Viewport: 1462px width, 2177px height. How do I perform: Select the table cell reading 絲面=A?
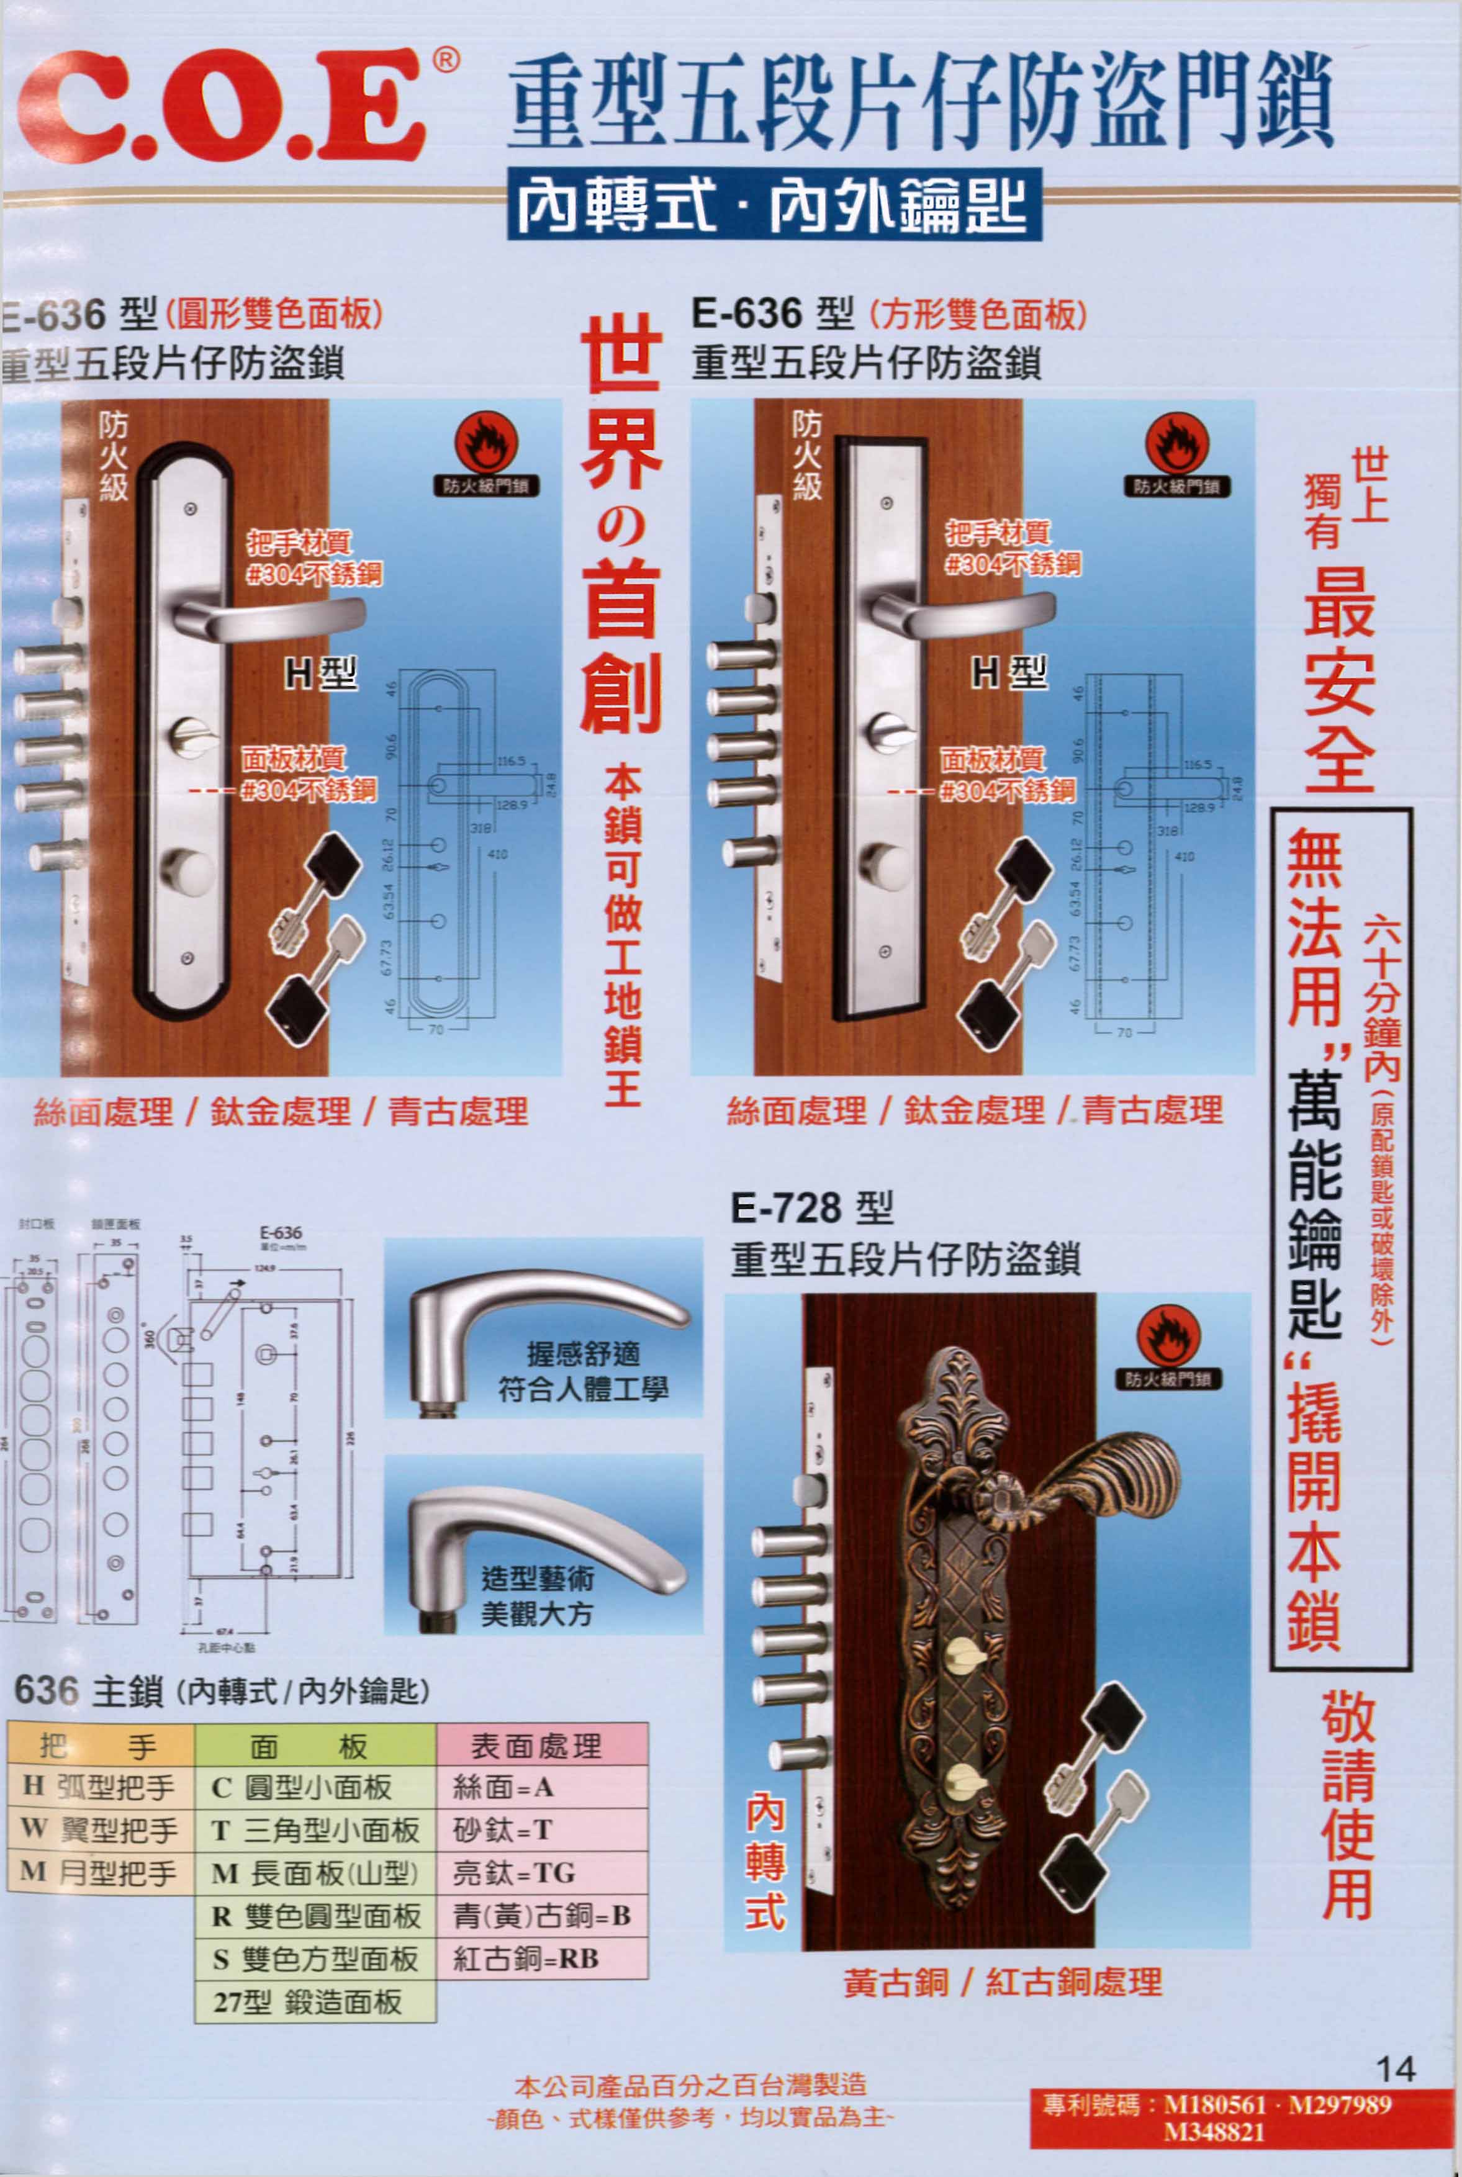coord(541,1787)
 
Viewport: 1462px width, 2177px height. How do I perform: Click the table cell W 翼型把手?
coord(100,1829)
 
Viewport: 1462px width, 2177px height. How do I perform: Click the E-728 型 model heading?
coord(811,1209)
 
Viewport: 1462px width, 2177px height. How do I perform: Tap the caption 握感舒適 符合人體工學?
coord(583,1371)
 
